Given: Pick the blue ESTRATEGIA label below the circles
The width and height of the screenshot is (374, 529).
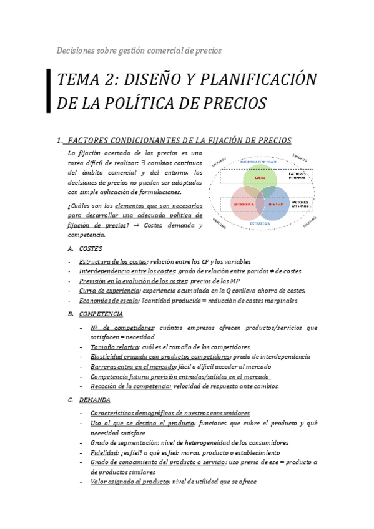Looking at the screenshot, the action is tap(260, 223).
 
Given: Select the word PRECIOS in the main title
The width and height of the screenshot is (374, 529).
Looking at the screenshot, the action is tap(235, 102).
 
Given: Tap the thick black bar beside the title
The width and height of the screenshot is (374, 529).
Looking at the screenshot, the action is tap(49, 91).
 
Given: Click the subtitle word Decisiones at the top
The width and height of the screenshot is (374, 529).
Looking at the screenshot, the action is tap(77, 50).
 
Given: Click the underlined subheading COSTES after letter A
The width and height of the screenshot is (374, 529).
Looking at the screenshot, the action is tap(91, 248).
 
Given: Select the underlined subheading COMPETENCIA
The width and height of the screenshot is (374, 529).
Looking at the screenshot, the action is tap(101, 314).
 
